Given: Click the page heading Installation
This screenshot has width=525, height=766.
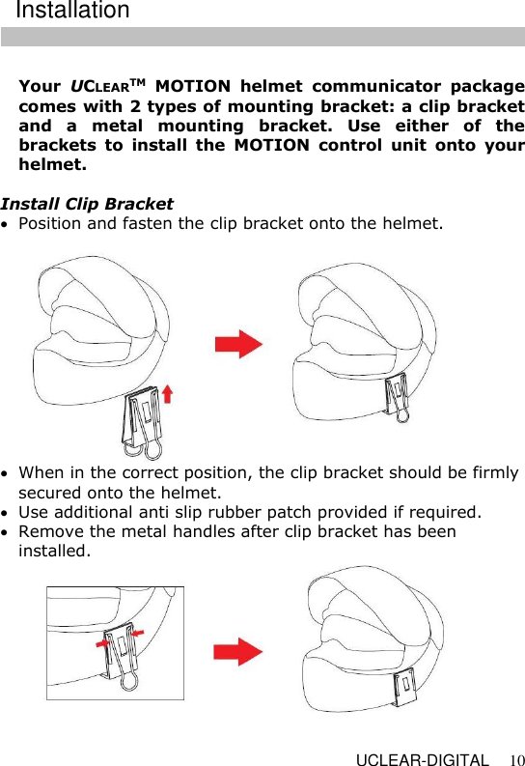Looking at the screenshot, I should [72, 12].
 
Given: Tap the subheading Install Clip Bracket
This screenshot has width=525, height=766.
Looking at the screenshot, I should [87, 204].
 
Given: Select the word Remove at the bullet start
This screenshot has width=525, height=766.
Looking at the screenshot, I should [48, 531].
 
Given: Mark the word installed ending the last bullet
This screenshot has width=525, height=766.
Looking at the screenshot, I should [52, 552].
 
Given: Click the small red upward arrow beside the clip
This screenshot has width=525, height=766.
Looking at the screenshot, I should [167, 393].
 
